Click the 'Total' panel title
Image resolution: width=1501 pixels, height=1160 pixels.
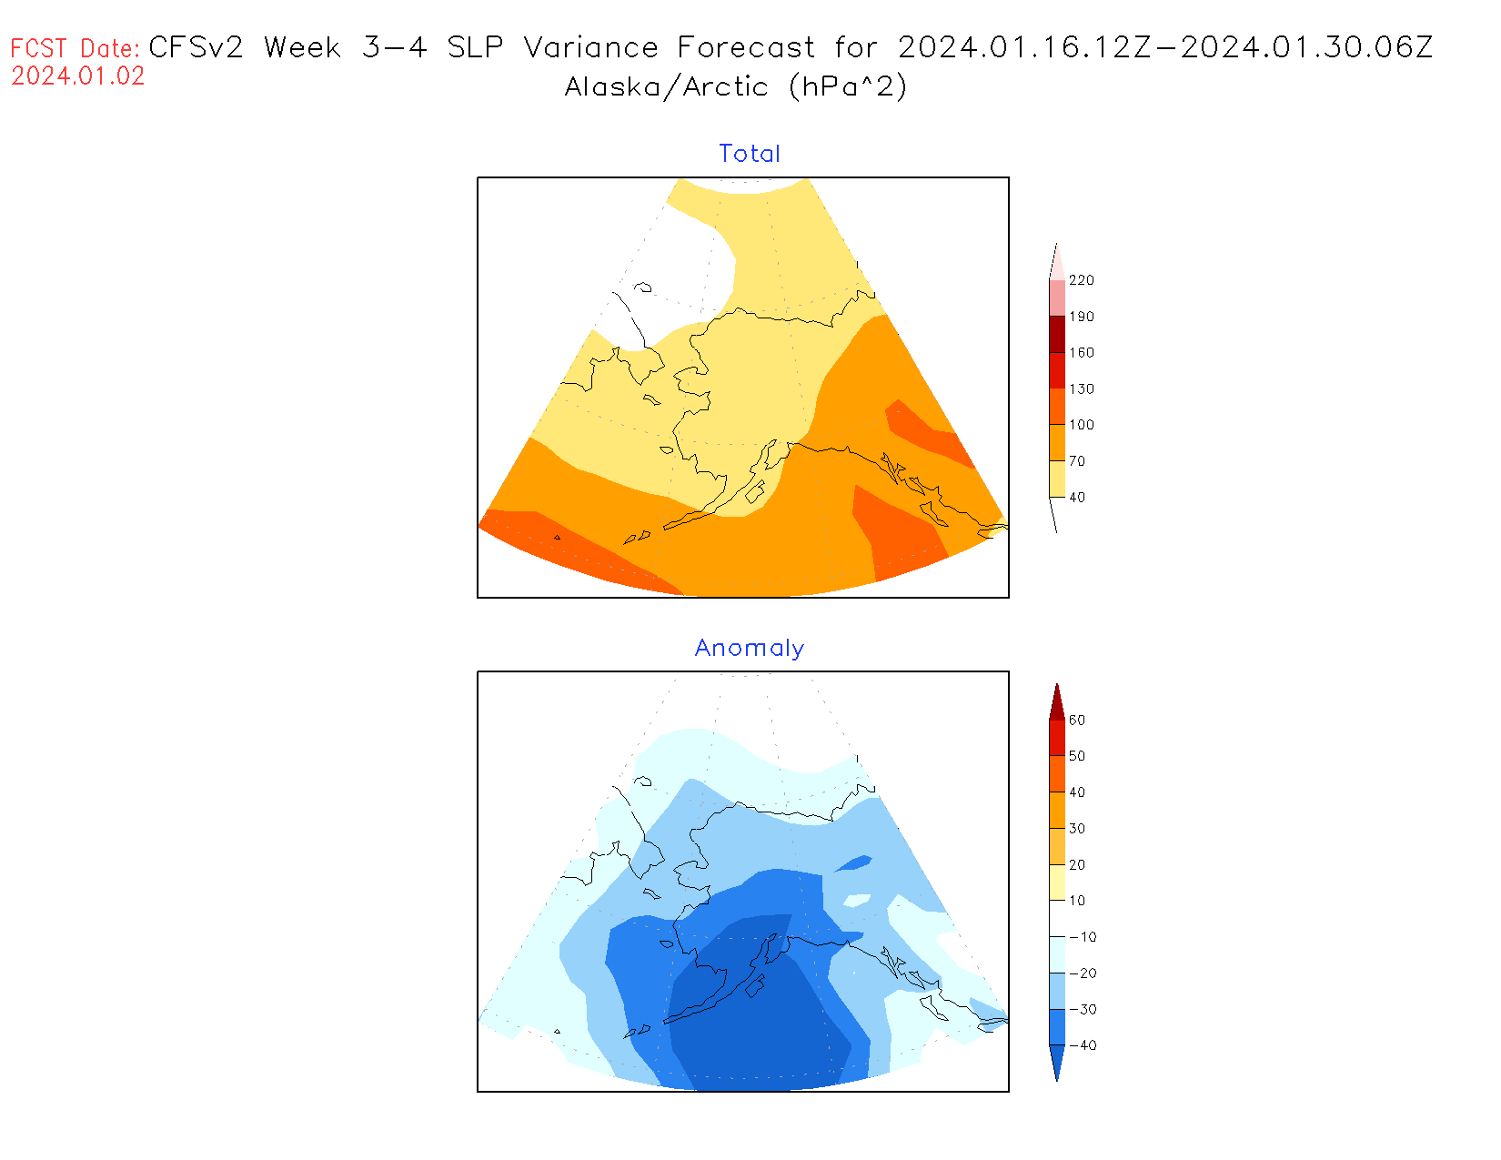tap(750, 154)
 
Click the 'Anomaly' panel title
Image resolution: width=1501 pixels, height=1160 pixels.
tap(750, 648)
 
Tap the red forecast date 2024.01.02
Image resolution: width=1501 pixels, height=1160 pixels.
tap(78, 76)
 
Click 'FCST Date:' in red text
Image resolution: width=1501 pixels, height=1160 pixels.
tap(76, 48)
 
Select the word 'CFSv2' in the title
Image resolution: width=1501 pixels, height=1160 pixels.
tap(196, 47)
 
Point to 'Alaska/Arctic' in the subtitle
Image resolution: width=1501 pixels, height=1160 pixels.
tap(667, 86)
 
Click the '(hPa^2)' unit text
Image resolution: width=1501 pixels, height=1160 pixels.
tap(848, 86)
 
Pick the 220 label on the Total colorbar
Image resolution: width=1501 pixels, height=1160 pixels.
tap(1082, 280)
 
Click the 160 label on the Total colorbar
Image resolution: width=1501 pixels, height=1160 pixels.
tap(1082, 353)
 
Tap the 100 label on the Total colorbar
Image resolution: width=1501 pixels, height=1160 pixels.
tap(1082, 425)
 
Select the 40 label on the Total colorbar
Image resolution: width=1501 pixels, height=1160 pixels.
tap(1077, 498)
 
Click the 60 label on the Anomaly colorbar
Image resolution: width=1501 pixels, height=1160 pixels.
tap(1077, 721)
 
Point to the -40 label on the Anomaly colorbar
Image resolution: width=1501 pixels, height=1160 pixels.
tap(1083, 1045)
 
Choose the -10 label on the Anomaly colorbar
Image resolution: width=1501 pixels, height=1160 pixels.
tap(1083, 937)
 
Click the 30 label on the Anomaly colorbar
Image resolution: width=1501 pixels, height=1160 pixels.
tap(1077, 829)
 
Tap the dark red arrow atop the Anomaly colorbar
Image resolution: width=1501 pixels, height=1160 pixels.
tap(1056, 703)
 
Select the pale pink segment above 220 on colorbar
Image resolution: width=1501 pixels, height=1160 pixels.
tap(1056, 264)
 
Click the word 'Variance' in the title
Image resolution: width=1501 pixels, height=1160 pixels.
tap(590, 47)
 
